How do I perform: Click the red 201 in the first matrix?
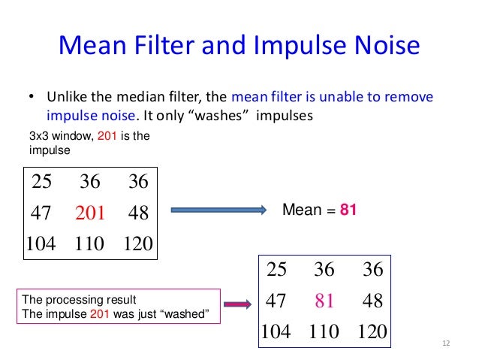coord(91,213)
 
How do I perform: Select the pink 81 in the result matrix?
coord(325,301)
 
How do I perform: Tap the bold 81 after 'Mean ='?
coord(348,211)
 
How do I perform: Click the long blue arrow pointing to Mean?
coord(218,212)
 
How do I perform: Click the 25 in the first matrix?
coord(41,182)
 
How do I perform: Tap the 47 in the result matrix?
coord(276,301)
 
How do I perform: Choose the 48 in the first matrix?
coord(138,213)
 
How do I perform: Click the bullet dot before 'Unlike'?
coord(32,98)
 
